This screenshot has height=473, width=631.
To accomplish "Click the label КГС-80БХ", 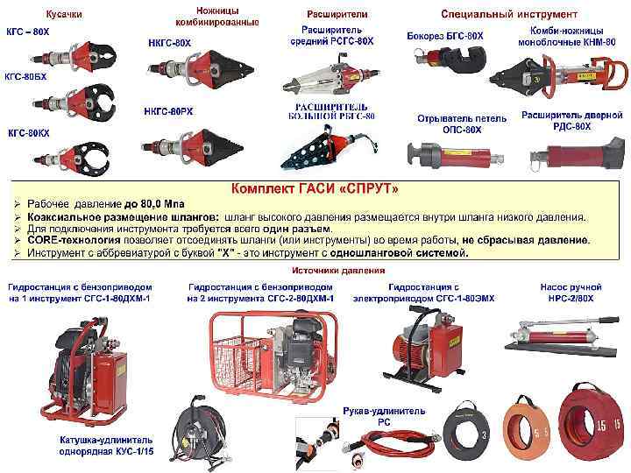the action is [25, 76].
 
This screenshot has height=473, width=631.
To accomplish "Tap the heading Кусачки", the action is [64, 14].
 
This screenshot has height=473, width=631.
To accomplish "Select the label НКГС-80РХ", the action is [168, 111].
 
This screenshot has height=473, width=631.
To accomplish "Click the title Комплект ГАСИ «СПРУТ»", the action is [315, 188].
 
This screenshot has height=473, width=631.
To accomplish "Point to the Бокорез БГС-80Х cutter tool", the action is [449, 59].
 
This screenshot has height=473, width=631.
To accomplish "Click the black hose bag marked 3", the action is [467, 429].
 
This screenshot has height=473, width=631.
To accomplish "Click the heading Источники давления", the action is [338, 271].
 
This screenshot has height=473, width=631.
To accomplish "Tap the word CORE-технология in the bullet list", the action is [74, 240].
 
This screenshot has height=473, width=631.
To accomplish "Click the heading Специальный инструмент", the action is [509, 14].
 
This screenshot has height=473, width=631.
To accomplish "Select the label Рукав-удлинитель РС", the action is [384, 416].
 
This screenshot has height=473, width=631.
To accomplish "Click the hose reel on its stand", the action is [197, 434].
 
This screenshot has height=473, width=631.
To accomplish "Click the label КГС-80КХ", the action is [28, 133].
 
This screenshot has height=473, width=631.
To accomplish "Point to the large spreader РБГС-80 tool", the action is [328, 148].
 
